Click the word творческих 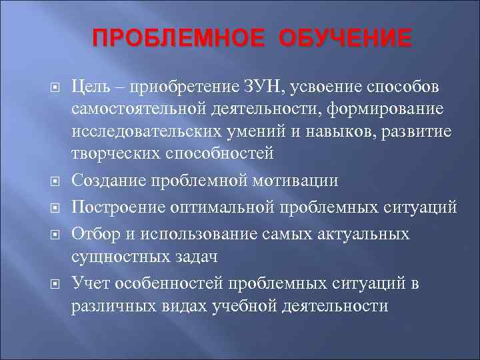pos(111,153)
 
